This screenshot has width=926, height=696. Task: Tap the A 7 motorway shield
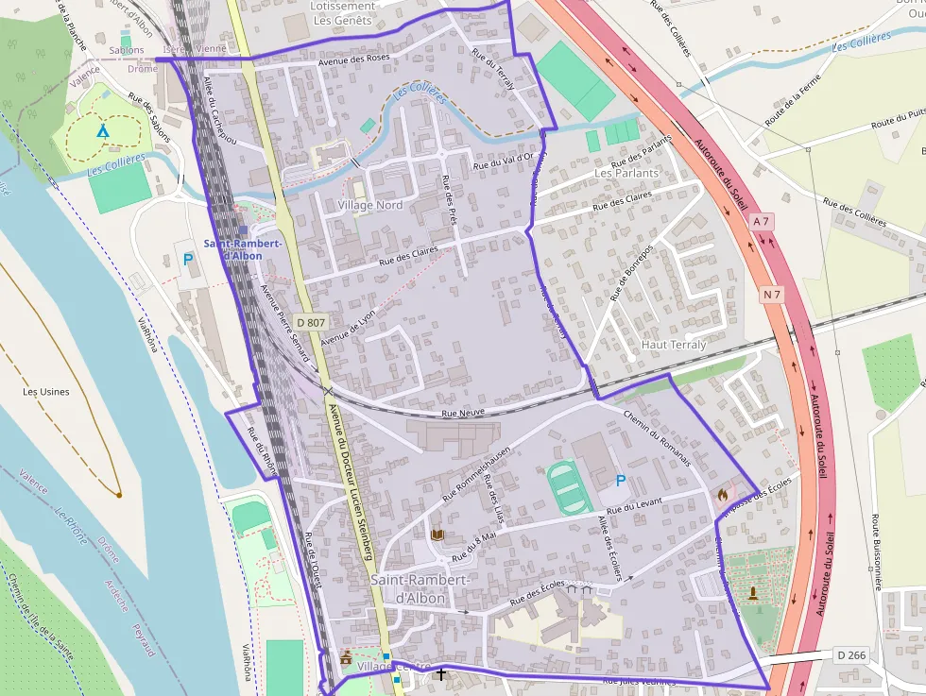[x=762, y=221]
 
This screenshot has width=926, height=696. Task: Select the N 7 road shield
[x=772, y=295]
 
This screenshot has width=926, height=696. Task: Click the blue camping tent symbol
[x=102, y=130]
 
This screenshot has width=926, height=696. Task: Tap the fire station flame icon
[x=723, y=493]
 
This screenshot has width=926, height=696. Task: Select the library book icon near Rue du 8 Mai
[x=437, y=535]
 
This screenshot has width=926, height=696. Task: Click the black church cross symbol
[x=440, y=673]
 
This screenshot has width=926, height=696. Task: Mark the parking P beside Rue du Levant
[x=620, y=481]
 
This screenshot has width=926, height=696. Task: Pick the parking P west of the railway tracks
[x=188, y=259]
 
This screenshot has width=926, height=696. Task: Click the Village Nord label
[x=370, y=205]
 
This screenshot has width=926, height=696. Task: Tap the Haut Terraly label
[x=674, y=345]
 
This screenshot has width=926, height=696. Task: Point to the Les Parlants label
[x=626, y=174]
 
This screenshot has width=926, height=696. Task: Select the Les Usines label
[x=46, y=391]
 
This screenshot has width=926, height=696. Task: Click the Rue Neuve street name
[x=463, y=414]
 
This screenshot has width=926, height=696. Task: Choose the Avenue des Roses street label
[x=354, y=59]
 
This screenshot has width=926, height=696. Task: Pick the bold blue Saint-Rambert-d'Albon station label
[x=242, y=249]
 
